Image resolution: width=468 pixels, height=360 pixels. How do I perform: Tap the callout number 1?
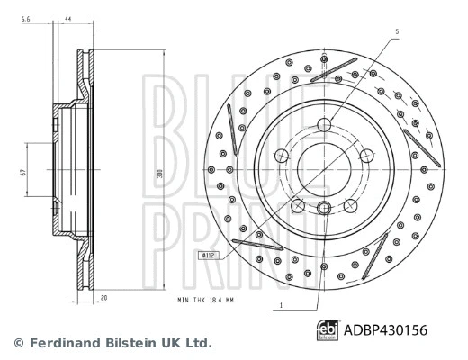281,308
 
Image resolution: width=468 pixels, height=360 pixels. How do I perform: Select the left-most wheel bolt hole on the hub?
283,155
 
